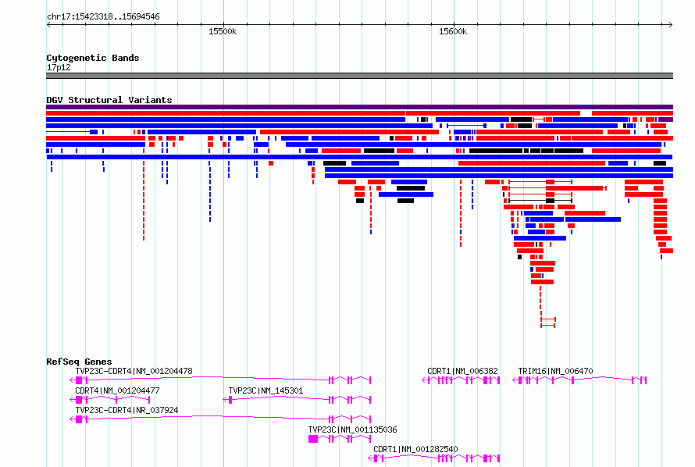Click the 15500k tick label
[223, 31]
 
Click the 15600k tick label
[453, 31]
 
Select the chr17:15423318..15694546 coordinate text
[103, 17]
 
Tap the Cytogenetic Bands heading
[93, 58]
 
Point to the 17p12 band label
[59, 67]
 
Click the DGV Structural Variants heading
[109, 100]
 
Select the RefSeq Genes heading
[79, 362]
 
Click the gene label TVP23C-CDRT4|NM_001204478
[134, 371]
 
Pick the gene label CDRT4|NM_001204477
[117, 390]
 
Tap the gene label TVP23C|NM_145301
[266, 390]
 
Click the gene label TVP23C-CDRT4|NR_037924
[127, 410]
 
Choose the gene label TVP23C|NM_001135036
[352, 430]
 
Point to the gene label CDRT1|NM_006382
[462, 371]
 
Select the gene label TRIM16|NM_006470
[555, 371]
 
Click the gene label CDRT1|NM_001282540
[415, 449]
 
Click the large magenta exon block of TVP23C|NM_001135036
[313, 439]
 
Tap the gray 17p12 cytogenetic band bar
[359, 76]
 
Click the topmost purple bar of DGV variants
[359, 107]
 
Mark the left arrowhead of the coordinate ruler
[48, 24]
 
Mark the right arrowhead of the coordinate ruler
[672, 24]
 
